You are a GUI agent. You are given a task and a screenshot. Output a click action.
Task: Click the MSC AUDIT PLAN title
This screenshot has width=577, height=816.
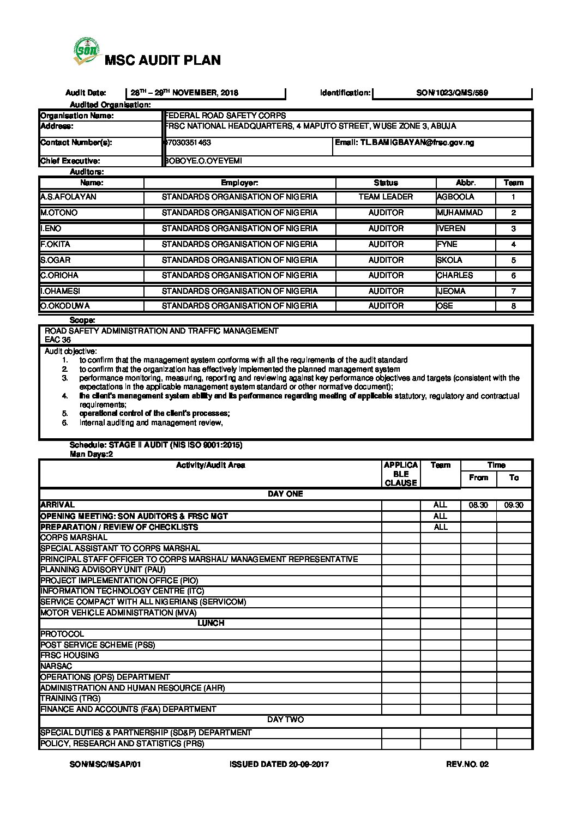click(x=163, y=61)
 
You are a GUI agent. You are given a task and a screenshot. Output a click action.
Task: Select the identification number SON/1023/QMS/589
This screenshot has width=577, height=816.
click(x=452, y=93)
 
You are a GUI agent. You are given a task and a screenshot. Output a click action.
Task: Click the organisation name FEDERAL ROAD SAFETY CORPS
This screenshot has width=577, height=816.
click(x=225, y=116)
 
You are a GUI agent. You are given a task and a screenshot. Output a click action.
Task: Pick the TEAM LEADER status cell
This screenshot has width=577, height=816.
click(x=386, y=197)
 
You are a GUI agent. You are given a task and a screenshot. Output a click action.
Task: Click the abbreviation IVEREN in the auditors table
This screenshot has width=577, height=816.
click(x=451, y=229)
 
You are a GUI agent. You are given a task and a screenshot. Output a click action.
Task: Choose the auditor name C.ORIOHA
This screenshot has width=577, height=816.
click(x=59, y=276)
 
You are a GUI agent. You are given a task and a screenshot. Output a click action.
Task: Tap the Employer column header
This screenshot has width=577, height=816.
click(x=239, y=183)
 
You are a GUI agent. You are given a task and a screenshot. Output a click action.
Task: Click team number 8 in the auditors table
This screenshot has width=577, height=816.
click(x=513, y=306)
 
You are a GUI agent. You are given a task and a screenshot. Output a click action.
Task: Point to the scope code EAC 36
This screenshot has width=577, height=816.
click(x=58, y=340)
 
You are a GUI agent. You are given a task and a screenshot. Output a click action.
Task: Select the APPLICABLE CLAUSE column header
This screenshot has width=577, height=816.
click(x=401, y=474)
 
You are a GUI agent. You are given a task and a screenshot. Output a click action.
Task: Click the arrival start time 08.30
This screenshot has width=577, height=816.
click(x=478, y=505)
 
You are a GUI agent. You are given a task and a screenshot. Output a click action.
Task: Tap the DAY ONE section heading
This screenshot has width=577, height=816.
click(x=285, y=494)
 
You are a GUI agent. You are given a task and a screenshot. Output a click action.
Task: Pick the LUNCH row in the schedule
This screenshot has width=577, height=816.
click(x=211, y=623)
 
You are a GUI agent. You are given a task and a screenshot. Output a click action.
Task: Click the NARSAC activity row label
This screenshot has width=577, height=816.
click(x=56, y=666)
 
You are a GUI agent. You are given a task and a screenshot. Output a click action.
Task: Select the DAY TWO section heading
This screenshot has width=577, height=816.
click(x=285, y=720)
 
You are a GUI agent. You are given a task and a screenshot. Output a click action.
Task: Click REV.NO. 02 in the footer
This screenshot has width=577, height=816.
click(x=467, y=764)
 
